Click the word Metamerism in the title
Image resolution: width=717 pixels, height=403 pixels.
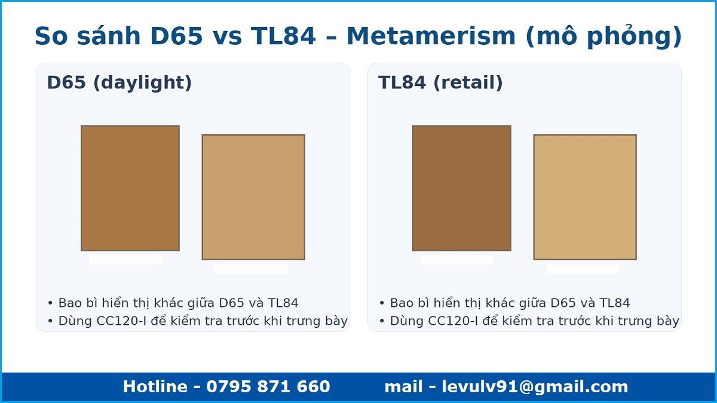pyautogui.click(x=431, y=36)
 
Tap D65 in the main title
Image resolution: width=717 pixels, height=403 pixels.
pyautogui.click(x=176, y=36)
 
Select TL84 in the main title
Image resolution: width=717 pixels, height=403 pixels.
pyautogui.click(x=284, y=36)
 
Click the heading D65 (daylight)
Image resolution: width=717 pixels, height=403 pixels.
pyautogui.click(x=119, y=83)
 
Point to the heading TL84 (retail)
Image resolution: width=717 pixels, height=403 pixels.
pyautogui.click(x=440, y=83)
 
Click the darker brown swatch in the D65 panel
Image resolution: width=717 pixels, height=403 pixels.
pyautogui.click(x=130, y=188)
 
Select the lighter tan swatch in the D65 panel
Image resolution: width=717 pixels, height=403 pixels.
pyautogui.click(x=253, y=197)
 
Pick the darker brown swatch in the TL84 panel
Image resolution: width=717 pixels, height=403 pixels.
pyautogui.click(x=461, y=188)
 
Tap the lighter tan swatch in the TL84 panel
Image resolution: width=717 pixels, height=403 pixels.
pyautogui.click(x=585, y=197)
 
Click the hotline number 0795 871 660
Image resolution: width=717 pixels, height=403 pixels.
pyautogui.click(x=268, y=386)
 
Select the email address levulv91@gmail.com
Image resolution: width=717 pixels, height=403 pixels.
pyautogui.click(x=535, y=387)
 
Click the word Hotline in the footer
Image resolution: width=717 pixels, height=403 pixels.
pyautogui.click(x=155, y=386)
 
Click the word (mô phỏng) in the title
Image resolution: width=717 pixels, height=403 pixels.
pyautogui.click(x=603, y=36)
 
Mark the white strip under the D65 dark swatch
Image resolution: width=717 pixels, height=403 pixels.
pyautogui.click(x=125, y=260)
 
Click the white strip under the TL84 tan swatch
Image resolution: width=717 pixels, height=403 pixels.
pyautogui.click(x=583, y=269)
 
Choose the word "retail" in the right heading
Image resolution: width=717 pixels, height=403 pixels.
pyautogui.click(x=468, y=83)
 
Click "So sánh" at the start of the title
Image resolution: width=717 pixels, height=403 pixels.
pyautogui.click(x=88, y=36)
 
